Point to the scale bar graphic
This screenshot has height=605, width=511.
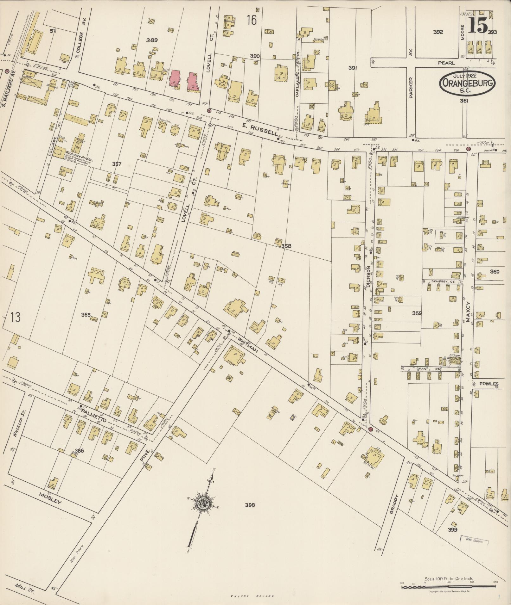(x=449, y=587)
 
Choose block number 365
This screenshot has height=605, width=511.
(x=86, y=315)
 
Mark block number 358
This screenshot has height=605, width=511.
(x=286, y=245)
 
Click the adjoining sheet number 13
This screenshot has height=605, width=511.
(x=15, y=317)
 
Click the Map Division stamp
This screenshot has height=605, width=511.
(x=474, y=541)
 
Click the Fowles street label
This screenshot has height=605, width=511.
(x=489, y=384)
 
